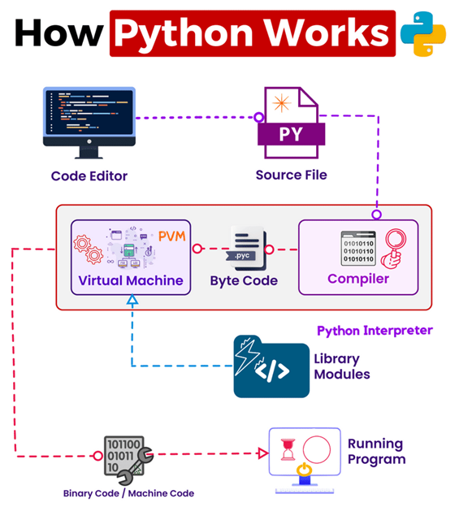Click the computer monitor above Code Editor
pos(89,121)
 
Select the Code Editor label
pos(89,175)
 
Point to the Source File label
pos(292,175)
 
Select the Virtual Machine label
pos(131,281)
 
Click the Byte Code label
pos(244,280)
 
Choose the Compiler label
pos(358,279)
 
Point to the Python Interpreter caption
pos(375,331)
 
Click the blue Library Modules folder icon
pos(271,366)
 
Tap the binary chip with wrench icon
pos(126,457)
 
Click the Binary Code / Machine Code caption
pos(128,492)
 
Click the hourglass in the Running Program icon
pos(290,449)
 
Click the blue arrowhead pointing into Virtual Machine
pos(132,301)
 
